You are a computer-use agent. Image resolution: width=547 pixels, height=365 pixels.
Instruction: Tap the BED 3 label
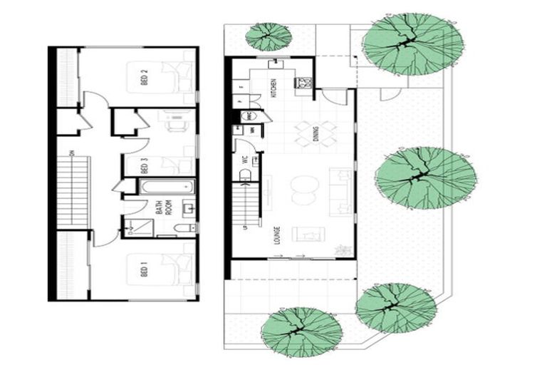[144, 165]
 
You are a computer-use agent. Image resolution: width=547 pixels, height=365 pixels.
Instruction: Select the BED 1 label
[144, 271]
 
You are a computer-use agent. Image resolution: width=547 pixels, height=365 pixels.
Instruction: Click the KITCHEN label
[273, 88]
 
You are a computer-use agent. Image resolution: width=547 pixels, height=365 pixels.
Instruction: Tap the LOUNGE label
[276, 236]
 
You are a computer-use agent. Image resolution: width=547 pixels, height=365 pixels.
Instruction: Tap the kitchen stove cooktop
[304, 83]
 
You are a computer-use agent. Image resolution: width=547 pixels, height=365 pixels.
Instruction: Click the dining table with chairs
[316, 133]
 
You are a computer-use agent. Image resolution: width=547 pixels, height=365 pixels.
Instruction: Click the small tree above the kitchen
[269, 34]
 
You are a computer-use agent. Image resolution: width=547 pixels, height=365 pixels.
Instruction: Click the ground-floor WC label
[245, 160]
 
